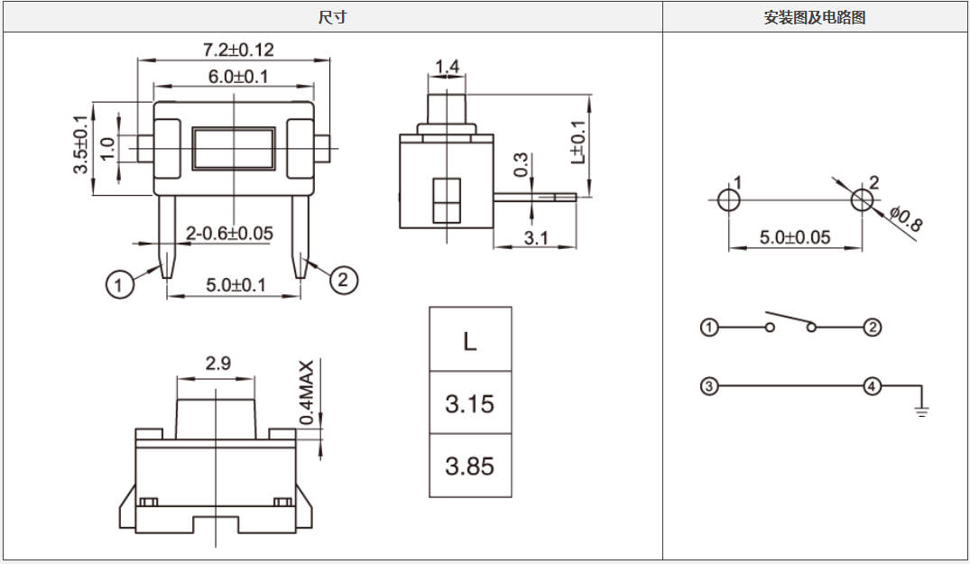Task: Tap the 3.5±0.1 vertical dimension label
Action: point(80,144)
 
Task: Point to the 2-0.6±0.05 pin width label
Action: point(228,234)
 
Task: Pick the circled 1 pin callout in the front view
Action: point(119,285)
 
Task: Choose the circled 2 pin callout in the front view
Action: point(342,281)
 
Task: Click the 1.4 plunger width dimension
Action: point(447,66)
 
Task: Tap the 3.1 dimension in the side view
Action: point(536,238)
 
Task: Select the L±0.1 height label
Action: point(578,142)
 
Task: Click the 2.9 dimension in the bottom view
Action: point(217,364)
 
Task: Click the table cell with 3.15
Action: point(469,403)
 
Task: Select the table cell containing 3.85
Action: point(469,466)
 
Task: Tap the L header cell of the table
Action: point(469,341)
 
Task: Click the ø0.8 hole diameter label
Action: point(905,219)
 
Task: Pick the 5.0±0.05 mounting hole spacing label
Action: point(794,237)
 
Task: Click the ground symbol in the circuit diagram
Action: point(921,411)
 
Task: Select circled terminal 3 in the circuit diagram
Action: point(709,387)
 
